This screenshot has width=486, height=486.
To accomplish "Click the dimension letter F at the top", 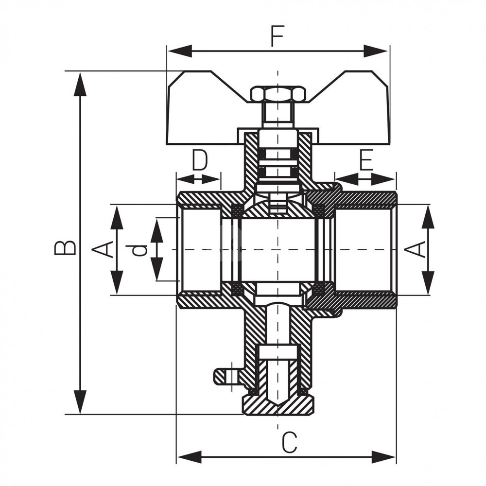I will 278,37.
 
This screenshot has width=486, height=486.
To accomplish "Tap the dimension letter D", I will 199,161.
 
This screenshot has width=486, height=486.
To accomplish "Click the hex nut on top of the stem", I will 278,93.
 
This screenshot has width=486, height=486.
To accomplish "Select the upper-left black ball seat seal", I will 237,210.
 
